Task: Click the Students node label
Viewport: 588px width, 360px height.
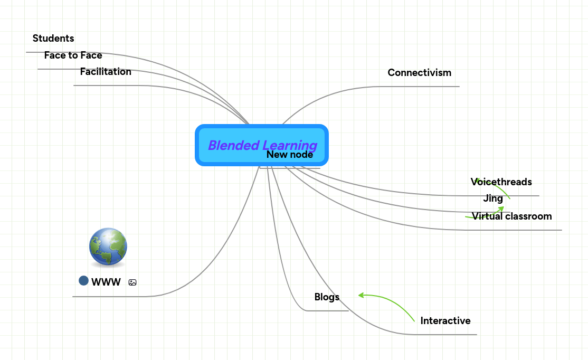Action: coord(53,39)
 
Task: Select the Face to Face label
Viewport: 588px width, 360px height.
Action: coord(73,55)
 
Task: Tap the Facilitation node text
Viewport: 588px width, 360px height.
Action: coord(106,72)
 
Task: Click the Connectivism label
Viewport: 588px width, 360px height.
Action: coord(419,73)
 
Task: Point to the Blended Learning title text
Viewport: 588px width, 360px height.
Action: coord(262,145)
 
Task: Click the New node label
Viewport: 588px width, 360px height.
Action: coord(289,155)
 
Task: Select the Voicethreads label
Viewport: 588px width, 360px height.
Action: coord(501,182)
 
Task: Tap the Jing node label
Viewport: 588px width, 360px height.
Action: coord(493,199)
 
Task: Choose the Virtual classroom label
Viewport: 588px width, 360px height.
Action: coord(511,216)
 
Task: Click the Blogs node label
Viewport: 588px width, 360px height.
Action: coord(327,297)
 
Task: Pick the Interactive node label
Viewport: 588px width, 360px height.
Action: coord(445,321)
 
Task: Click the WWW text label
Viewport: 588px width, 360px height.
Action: coord(106,282)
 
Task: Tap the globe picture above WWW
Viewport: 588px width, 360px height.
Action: coord(108,247)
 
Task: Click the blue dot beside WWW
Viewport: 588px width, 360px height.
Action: coord(83,281)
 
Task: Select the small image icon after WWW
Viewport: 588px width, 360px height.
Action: coord(132,282)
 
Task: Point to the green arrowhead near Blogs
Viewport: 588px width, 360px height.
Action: coord(362,295)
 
